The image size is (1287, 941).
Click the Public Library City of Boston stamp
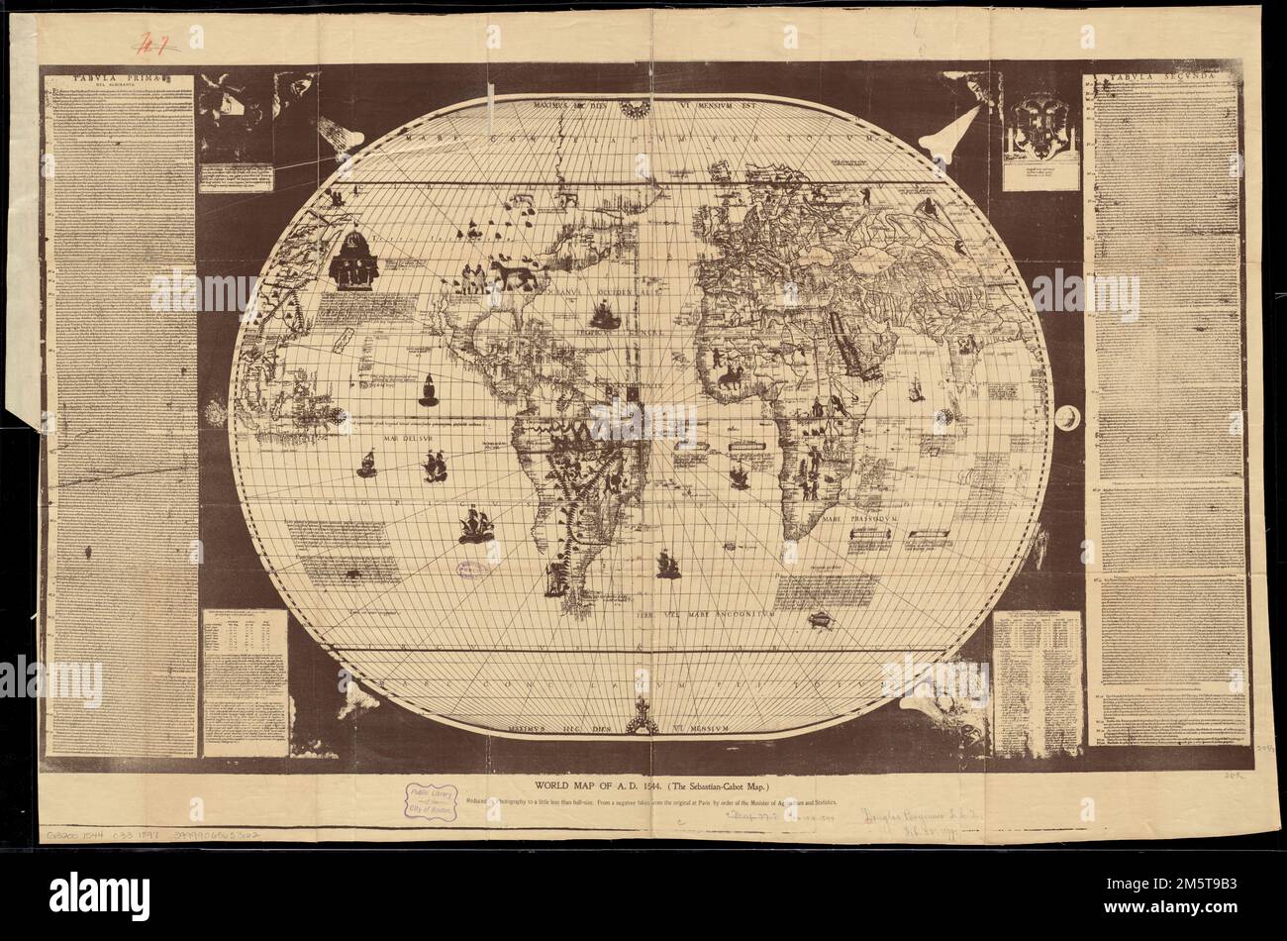pyautogui.click(x=429, y=801)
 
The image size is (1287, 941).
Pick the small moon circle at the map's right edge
pyautogui.click(x=1067, y=420)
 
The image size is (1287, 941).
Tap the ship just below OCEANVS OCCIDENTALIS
pyautogui.click(x=603, y=315)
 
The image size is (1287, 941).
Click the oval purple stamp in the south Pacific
pyautogui.click(x=471, y=571)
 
